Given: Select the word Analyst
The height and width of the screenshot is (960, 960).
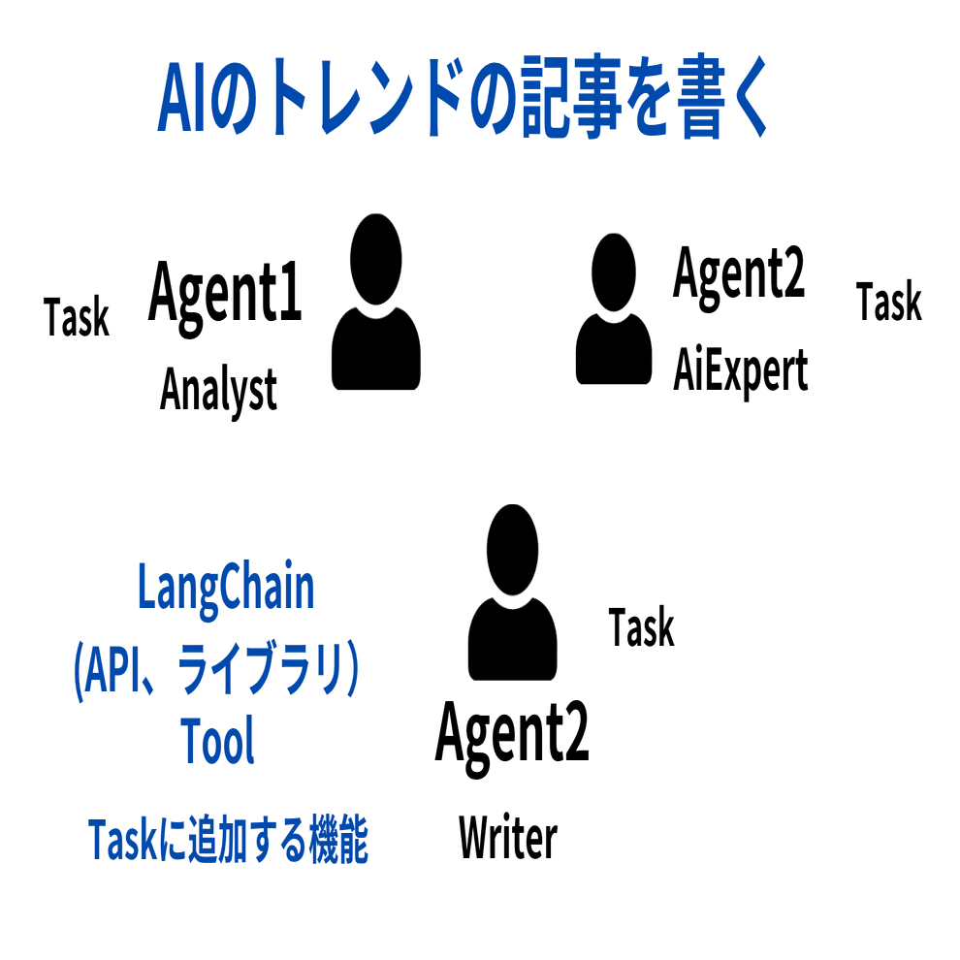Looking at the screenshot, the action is (218, 391).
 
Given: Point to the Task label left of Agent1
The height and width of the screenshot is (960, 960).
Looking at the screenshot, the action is (77, 317).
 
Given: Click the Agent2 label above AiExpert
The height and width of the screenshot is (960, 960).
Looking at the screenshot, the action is (739, 273).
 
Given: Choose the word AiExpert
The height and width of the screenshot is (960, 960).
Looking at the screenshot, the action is (741, 371).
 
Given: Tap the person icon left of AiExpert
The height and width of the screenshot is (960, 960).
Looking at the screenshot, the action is (614, 309).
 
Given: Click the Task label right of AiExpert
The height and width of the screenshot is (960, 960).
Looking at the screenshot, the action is (889, 303).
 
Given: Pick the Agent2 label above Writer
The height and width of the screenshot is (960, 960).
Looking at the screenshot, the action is (512, 733).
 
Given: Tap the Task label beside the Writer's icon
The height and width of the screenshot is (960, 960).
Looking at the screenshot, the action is (641, 627).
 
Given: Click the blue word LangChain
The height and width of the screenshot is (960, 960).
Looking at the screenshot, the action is (226, 589).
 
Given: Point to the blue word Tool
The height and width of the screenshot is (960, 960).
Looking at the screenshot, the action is (218, 742).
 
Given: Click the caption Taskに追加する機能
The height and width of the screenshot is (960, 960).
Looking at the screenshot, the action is (228, 840).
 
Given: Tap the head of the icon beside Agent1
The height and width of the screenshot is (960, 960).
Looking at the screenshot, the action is (376, 258).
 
